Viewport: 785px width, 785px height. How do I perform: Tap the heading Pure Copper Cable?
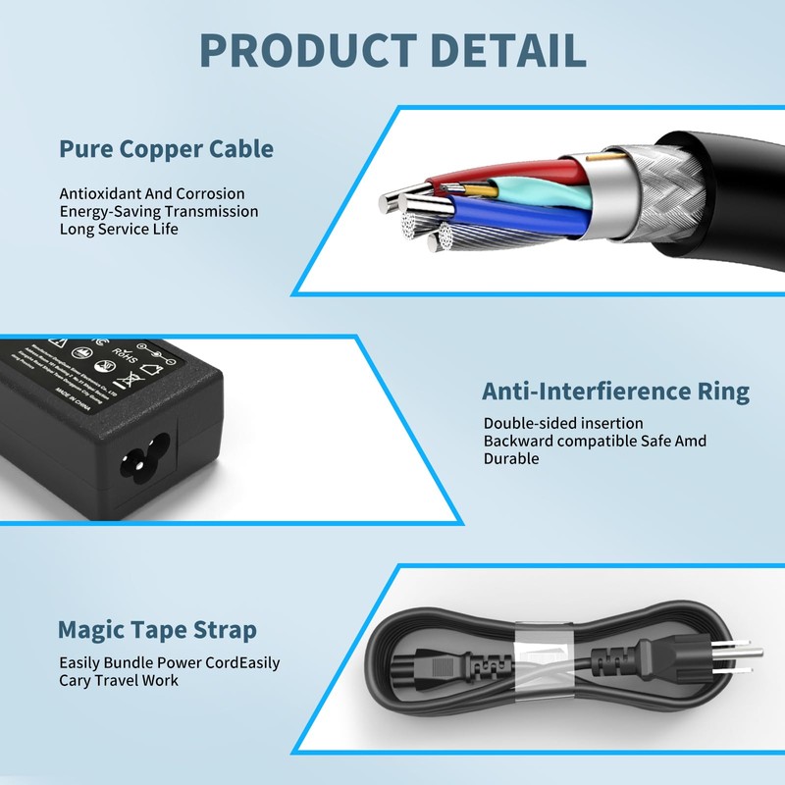[166, 149]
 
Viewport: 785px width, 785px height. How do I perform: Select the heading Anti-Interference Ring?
[615, 392]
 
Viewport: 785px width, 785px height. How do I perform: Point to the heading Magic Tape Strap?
[157, 630]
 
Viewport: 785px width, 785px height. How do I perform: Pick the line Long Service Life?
[119, 229]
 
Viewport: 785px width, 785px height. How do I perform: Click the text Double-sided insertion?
[563, 423]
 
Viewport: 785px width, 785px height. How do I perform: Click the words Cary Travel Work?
[119, 680]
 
